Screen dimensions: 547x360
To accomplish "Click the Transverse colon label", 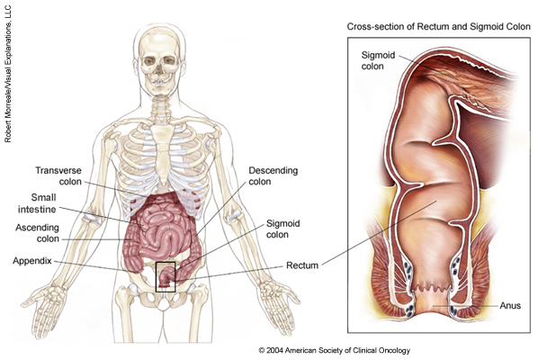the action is (x=58, y=176).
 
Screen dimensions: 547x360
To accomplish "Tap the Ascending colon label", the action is (x=37, y=233).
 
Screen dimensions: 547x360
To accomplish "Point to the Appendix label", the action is (x=32, y=261).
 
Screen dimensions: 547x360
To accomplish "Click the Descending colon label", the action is (x=273, y=176).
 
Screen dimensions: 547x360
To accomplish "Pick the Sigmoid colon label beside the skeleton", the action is (x=282, y=229).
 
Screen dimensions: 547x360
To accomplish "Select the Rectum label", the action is (x=302, y=265).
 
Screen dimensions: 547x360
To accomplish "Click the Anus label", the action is (x=510, y=306).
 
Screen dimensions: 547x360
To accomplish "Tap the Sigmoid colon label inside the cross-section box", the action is (x=378, y=60).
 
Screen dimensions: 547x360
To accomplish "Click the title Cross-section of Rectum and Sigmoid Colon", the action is (x=438, y=26).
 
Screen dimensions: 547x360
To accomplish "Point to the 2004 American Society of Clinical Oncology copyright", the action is (x=334, y=350).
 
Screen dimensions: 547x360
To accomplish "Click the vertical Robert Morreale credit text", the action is (x=8, y=74).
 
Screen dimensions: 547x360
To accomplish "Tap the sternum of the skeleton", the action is (x=163, y=154).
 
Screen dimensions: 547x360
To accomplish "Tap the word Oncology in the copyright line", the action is (x=394, y=350).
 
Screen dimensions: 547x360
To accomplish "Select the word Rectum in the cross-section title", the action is (x=430, y=26).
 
